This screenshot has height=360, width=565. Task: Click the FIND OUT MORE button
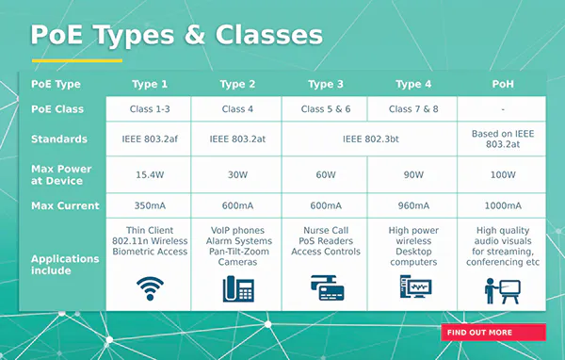(x=492, y=332)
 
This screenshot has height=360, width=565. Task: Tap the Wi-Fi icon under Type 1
(x=148, y=287)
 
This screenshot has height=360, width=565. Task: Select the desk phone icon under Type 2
(x=237, y=288)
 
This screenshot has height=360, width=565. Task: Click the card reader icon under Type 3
(x=326, y=288)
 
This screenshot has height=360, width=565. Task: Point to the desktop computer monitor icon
(x=413, y=288)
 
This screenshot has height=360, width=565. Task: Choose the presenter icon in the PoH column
(x=502, y=289)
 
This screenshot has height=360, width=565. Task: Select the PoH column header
(x=502, y=84)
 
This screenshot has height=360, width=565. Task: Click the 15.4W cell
(x=148, y=174)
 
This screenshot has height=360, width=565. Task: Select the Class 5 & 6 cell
(x=326, y=109)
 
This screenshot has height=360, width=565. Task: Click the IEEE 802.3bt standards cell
(x=369, y=139)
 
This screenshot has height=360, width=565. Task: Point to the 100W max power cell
(x=502, y=174)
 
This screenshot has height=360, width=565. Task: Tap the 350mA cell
(x=148, y=205)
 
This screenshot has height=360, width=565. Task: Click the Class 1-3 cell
(x=148, y=109)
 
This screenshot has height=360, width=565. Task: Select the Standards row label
(x=58, y=139)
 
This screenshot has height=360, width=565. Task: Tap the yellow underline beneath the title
(x=76, y=60)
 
